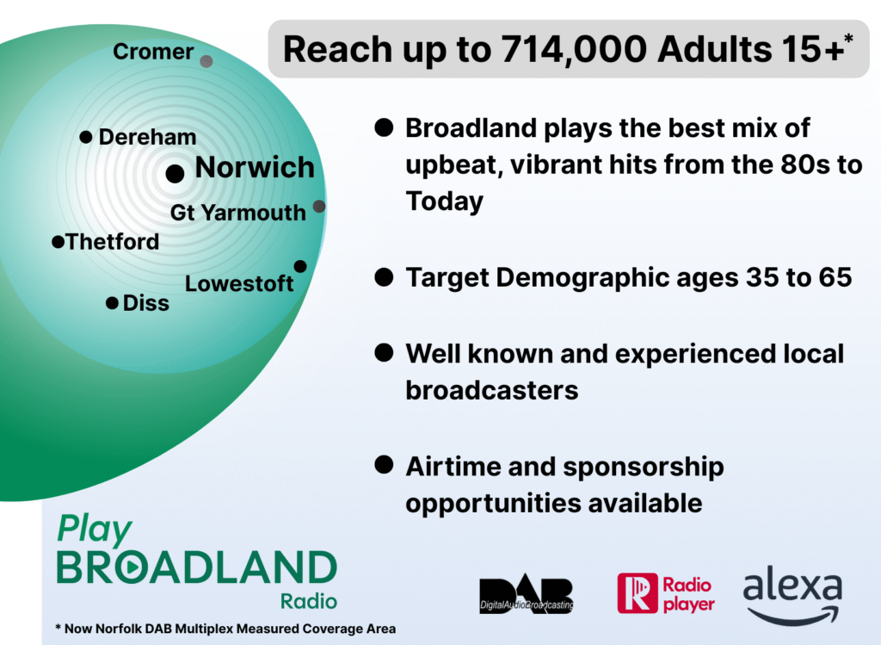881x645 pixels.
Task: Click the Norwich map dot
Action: click(176, 173)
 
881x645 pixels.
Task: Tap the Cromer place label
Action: click(153, 52)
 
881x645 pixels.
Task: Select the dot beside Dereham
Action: click(86, 137)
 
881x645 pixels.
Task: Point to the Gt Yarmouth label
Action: click(238, 213)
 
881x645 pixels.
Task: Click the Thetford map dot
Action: click(58, 242)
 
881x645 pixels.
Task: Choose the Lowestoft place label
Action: click(239, 283)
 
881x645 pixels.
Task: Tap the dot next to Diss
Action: click(113, 303)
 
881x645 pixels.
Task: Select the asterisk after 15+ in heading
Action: click(848, 39)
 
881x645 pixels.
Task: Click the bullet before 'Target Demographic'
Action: click(385, 276)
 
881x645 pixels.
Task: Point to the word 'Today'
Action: click(445, 202)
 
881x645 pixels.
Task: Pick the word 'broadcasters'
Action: click(492, 390)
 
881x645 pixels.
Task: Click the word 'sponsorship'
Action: click(644, 468)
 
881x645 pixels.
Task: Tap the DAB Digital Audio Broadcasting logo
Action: click(527, 594)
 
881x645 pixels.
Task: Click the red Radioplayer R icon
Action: click(638, 593)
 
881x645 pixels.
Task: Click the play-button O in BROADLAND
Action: click(131, 567)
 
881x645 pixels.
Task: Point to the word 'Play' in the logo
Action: click(95, 530)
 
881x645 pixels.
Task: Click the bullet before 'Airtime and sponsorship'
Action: click(385, 465)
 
